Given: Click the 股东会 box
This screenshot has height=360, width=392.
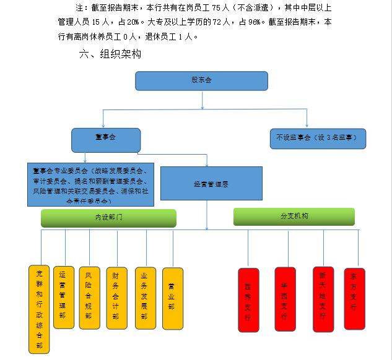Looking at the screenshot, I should pos(201,80).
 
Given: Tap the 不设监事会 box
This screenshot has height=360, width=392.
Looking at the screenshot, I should pos(318,138).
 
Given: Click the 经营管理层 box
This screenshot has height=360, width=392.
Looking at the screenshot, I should pos(207,184).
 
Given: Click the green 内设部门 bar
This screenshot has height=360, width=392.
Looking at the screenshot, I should pos(108,218).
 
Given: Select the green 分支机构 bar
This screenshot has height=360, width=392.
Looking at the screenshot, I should pos(294,216).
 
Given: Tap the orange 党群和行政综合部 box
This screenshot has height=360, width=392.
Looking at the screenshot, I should pos(39,309).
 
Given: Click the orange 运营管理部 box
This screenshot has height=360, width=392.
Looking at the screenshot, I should pos(63,297).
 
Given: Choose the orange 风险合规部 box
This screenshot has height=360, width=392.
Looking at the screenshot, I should pos(89,298).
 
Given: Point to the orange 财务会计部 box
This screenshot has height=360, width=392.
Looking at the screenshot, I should pos(116,298).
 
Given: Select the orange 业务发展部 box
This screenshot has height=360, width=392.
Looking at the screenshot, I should pos(145,298).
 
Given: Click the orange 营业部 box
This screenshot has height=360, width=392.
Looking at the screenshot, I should pos(172,298).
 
